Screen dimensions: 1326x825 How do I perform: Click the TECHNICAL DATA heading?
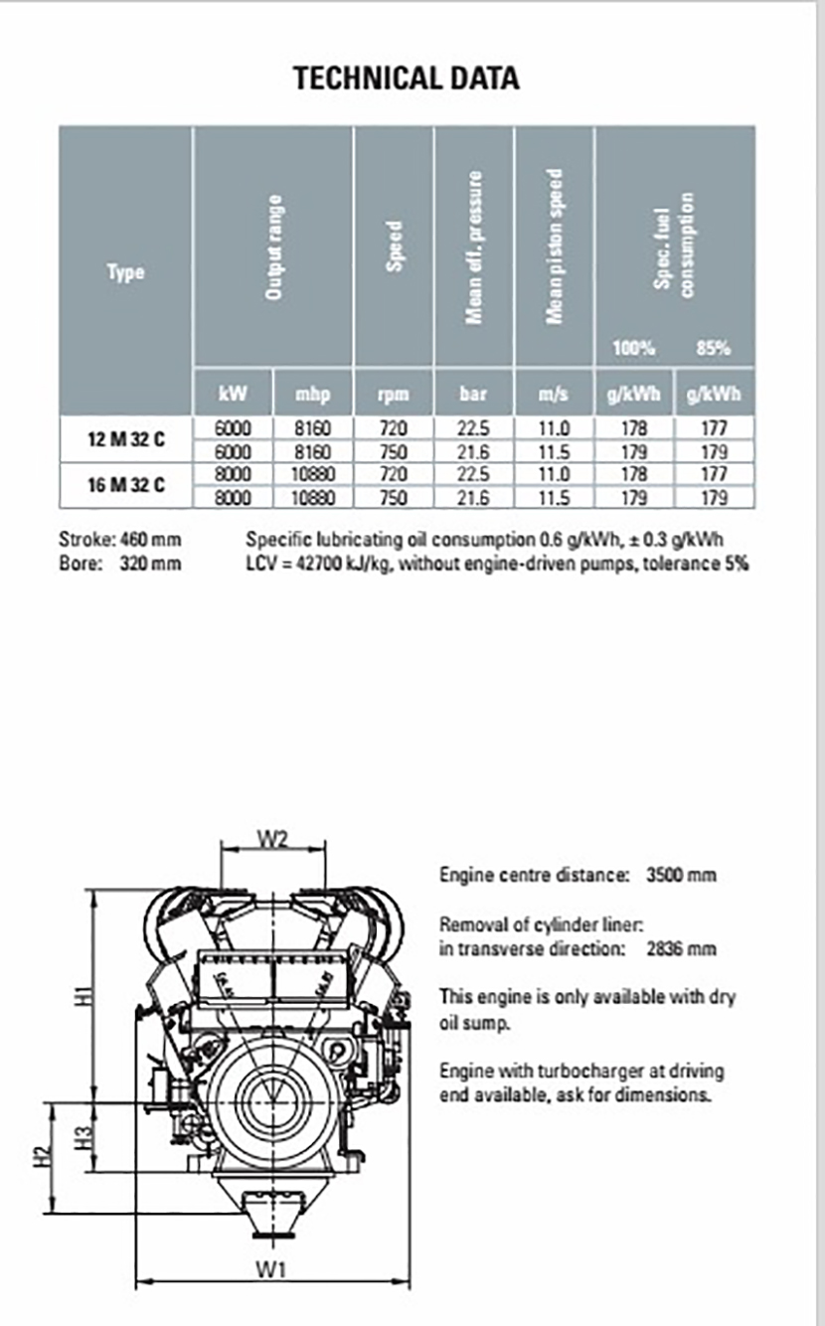[406, 79]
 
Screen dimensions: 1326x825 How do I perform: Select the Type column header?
[125, 271]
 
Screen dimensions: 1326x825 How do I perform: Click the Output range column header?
[274, 247]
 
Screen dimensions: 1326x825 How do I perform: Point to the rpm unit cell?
[394, 395]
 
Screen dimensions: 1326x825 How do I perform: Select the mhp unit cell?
[312, 395]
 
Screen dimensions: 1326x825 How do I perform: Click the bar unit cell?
[474, 395]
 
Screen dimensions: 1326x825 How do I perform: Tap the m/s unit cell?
[554, 395]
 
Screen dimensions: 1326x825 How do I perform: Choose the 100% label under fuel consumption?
[634, 348]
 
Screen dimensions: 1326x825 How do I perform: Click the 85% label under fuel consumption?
[714, 348]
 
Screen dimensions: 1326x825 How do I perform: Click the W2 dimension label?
[272, 838]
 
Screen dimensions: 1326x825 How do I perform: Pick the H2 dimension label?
[41, 1157]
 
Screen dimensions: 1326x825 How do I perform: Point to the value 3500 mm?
[681, 876]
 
